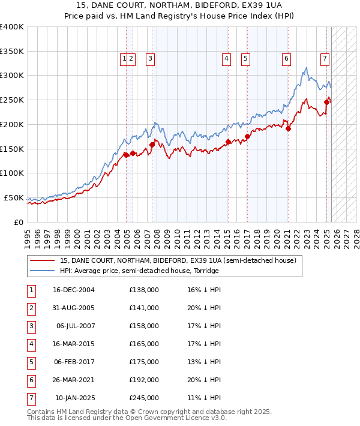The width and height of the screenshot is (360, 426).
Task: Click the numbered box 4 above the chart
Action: point(227,59)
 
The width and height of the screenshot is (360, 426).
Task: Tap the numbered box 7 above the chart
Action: point(325,59)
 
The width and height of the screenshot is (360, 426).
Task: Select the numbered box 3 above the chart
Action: point(149,59)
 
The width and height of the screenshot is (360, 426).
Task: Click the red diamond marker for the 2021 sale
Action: point(288,128)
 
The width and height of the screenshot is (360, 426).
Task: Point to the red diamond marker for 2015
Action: point(228,142)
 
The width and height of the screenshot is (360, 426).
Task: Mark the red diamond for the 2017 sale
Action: point(247,137)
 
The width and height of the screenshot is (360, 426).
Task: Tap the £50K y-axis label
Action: point(14,197)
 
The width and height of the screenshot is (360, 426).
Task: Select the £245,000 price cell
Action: point(144,398)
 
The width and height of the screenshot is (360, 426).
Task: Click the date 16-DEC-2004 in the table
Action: point(74,290)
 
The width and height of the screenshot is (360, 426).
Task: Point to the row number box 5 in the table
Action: point(31,362)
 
